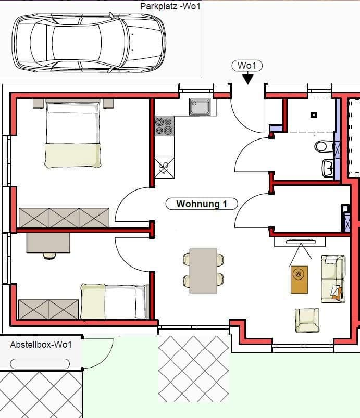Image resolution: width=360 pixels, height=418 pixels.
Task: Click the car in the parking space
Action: point(89,42)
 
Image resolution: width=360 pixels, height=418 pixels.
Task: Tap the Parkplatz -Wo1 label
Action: point(170,6)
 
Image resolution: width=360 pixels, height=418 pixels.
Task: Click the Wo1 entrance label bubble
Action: point(247,66)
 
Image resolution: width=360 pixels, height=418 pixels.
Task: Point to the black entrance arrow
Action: point(247,78)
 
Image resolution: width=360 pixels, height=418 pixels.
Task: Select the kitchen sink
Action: point(200,107)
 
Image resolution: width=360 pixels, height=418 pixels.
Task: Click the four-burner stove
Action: point(164,125)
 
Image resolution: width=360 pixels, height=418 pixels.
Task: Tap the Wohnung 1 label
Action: point(201,204)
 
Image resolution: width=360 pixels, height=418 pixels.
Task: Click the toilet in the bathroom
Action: point(322,146)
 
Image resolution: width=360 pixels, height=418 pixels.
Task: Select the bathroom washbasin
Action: point(328,168)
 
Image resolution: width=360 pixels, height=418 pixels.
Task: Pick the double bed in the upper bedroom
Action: point(72,134)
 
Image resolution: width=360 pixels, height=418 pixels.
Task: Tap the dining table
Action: point(203,270)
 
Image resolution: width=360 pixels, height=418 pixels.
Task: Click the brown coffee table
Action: point(299,280)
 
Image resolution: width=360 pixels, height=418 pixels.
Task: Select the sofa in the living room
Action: point(332,278)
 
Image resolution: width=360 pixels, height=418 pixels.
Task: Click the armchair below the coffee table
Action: point(307,320)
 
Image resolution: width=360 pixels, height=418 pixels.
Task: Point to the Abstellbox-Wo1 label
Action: point(41,345)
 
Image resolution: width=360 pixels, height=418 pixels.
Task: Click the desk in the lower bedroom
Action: point(48,242)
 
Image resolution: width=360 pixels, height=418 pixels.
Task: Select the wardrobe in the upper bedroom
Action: point(64,218)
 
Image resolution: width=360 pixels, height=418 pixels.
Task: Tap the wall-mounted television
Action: point(300,240)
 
